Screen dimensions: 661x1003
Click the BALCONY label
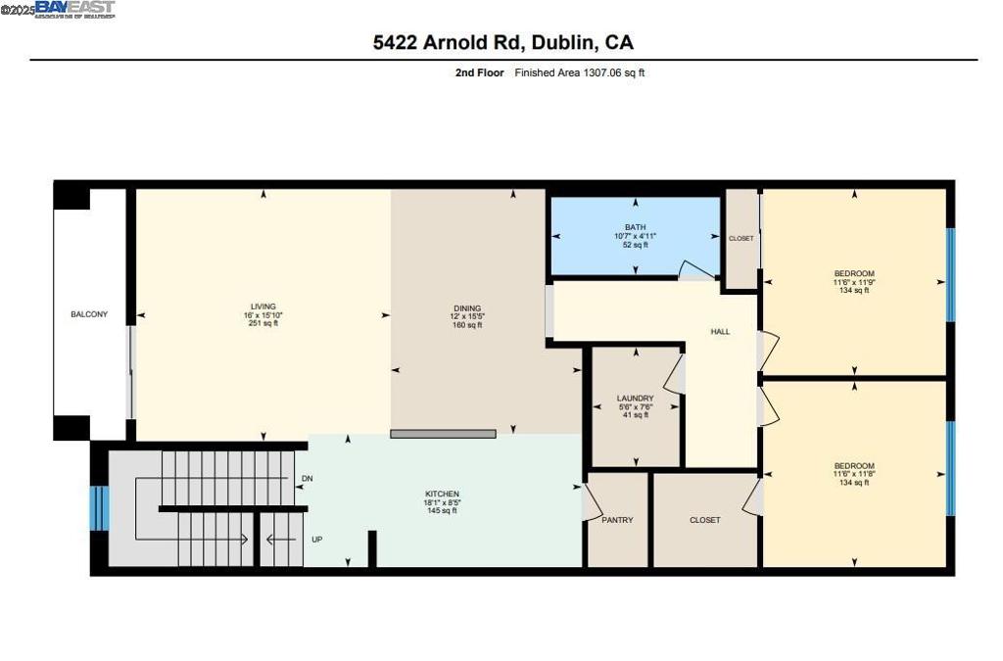89,314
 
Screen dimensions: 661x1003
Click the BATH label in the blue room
635,226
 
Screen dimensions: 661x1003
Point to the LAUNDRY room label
635,398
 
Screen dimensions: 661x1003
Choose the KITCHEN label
442,494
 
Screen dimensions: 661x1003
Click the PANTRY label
617,520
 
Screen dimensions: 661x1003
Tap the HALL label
720,332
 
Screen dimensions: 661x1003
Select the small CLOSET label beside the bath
740,239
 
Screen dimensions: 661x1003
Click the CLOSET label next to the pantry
704,520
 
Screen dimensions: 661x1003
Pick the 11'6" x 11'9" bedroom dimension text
854,282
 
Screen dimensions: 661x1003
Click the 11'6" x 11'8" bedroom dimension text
854,475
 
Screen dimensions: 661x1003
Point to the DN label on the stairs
307,479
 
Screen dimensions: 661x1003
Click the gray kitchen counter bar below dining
443,433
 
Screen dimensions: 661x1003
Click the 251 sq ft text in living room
263,323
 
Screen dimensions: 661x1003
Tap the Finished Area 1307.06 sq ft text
580,72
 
